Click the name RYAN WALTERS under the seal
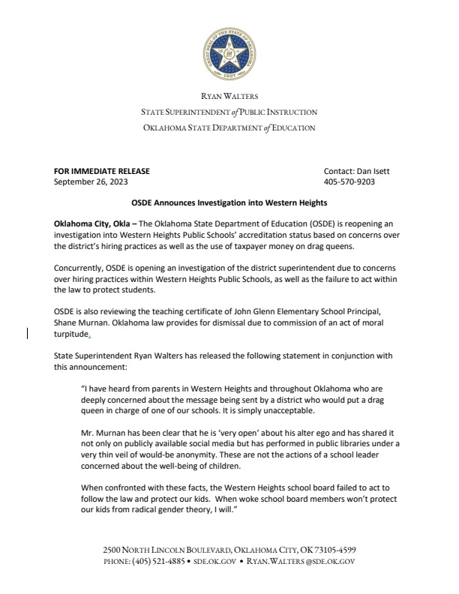point(229,96)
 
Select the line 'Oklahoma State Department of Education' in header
point(229,127)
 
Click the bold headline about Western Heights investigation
point(229,203)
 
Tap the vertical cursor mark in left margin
point(28,332)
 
